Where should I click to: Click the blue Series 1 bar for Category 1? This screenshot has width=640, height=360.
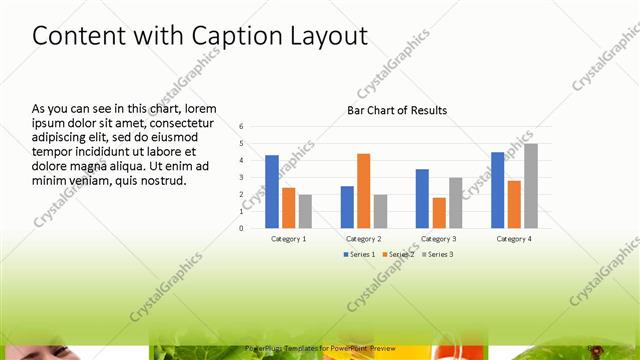(272, 191)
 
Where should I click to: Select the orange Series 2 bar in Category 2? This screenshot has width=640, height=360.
(363, 190)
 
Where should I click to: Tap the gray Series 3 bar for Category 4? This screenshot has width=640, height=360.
(531, 186)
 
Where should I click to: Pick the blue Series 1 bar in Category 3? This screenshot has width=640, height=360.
(422, 198)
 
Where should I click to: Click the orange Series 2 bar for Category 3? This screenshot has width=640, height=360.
(438, 212)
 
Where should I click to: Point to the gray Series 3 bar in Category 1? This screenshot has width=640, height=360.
(305, 211)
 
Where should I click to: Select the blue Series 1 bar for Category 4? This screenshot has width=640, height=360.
(498, 190)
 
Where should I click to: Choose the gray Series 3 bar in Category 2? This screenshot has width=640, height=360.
(380, 211)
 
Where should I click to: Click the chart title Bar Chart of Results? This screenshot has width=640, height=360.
(397, 110)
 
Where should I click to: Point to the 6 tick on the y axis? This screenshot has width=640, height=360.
(241, 127)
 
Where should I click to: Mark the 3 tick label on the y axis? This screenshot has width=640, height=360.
(241, 177)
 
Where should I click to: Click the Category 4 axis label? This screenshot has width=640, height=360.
(514, 239)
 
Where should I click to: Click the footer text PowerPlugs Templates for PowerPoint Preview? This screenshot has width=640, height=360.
(320, 347)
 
